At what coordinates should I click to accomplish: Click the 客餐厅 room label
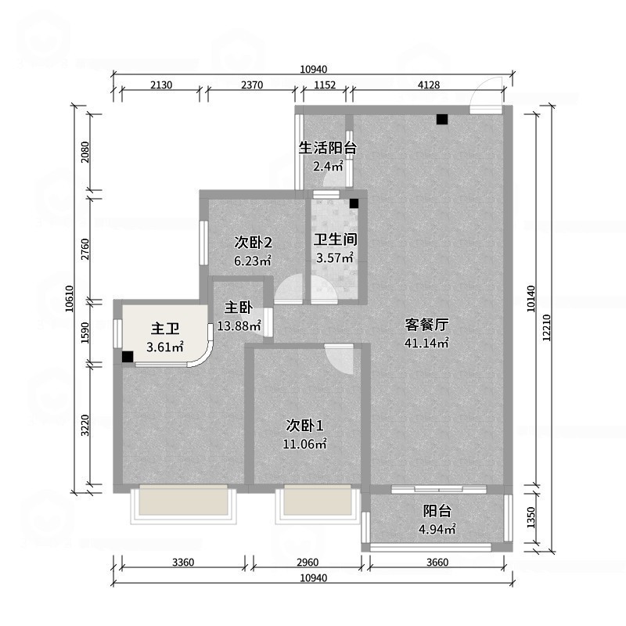click(426, 324)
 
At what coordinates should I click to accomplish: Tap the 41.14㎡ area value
click(426, 343)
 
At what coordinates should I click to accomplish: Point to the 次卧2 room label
click(253, 242)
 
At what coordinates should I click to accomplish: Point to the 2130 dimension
click(159, 85)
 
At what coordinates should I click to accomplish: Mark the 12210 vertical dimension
click(552, 322)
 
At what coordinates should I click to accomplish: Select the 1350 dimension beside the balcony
click(531, 517)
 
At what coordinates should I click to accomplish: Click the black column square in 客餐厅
click(442, 120)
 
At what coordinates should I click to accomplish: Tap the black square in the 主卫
click(127, 357)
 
